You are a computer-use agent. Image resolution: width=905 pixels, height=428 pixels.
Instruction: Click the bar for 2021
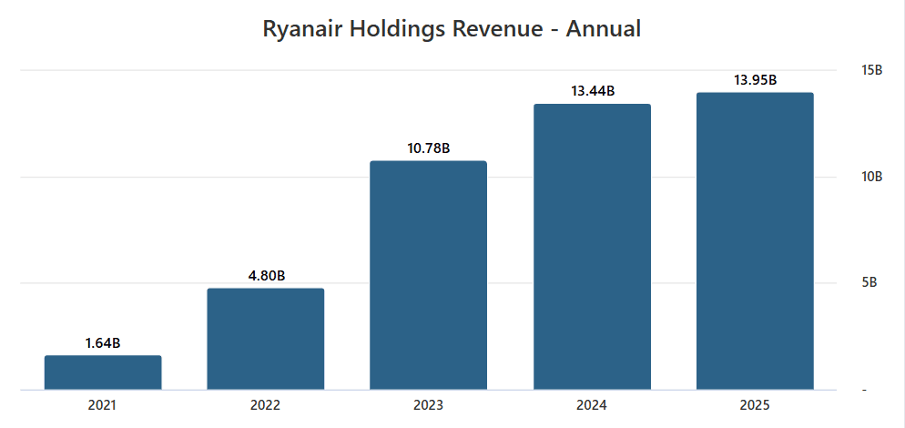coord(103,372)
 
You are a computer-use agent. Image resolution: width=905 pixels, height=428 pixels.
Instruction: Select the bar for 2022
coord(266,339)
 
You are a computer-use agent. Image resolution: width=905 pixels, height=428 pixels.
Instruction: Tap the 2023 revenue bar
coord(429,275)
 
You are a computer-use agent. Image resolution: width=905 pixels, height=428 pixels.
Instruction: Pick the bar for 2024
coord(592,247)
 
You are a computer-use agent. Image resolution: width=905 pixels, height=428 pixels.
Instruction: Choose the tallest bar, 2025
coord(755,241)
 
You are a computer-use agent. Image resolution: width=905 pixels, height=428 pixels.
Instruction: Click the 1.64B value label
coord(103,343)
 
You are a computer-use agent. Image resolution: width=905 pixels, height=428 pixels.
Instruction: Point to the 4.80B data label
coord(266,276)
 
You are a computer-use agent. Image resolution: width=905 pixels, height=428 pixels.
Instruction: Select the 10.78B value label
coord(429,148)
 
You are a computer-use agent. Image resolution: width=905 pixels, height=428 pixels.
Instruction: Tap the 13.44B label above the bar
coord(592,91)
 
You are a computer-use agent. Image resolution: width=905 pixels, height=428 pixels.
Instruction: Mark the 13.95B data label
coord(755,80)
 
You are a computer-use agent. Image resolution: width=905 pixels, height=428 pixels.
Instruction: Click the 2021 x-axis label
coord(103,404)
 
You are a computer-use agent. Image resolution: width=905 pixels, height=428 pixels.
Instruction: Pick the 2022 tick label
coord(266,404)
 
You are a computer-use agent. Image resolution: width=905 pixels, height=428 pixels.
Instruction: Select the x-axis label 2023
coord(429,404)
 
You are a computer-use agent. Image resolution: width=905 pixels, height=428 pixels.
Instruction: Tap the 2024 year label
coord(592,404)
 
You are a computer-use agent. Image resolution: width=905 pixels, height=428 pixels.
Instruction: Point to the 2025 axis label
coord(755,404)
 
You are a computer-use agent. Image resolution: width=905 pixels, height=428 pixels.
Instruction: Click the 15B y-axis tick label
coord(871,70)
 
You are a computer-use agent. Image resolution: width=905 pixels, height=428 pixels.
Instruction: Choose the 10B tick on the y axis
coord(871,177)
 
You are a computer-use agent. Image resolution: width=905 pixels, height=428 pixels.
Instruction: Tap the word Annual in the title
coord(604,29)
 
